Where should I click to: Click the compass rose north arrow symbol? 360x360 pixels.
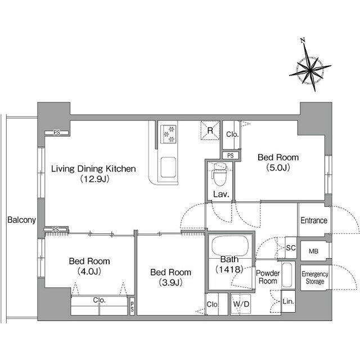[310, 69]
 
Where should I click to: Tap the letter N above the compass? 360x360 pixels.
[303, 40]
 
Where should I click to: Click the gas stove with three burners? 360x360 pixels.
[168, 134]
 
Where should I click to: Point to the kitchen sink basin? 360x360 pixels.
[168, 168]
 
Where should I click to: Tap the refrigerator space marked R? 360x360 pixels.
[210, 130]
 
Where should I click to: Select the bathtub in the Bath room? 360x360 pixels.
[230, 246]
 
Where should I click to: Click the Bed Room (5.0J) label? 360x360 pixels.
[278, 163]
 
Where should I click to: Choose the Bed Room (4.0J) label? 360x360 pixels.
[89, 266]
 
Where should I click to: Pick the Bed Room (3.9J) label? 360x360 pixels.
[170, 277]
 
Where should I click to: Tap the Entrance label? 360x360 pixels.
[314, 220]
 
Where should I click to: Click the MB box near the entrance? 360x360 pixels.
[314, 251]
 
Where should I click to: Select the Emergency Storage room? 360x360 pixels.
[315, 278]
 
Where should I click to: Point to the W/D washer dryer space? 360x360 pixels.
[241, 304]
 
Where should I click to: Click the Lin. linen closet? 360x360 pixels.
[289, 301]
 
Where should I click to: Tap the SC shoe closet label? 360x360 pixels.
[291, 248]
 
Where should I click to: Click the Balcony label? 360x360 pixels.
[21, 220]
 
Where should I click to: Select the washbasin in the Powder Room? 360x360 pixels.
[287, 275]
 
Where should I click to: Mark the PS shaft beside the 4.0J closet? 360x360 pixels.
[132, 306]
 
